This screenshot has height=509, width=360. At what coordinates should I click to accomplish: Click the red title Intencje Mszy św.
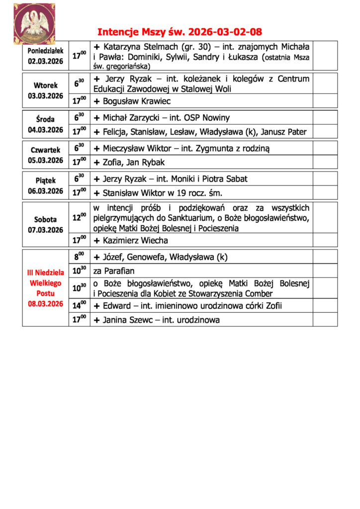180,32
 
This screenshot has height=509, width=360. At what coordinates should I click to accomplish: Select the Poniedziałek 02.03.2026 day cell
45,56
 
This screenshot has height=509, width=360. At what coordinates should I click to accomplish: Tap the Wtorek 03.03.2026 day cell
45,90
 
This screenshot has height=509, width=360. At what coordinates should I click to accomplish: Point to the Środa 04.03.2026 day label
45,124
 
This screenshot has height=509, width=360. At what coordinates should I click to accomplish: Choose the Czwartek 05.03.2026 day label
45,155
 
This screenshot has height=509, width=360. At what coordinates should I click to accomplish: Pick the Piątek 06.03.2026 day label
45,185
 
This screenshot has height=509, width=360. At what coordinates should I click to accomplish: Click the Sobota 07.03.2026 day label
45,224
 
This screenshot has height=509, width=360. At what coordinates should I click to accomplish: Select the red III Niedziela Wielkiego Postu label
45,287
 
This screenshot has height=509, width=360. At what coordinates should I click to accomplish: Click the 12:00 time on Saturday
79,217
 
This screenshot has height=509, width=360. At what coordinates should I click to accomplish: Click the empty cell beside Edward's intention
325,305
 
